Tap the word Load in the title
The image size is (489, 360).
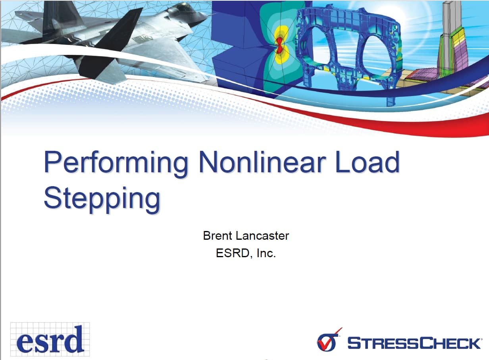click(367, 162)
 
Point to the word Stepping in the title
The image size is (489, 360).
click(102, 198)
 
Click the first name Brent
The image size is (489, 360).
click(218, 235)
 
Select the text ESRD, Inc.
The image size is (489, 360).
click(246, 253)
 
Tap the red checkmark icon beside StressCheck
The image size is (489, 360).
click(328, 340)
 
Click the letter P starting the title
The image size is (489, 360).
click(52, 162)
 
